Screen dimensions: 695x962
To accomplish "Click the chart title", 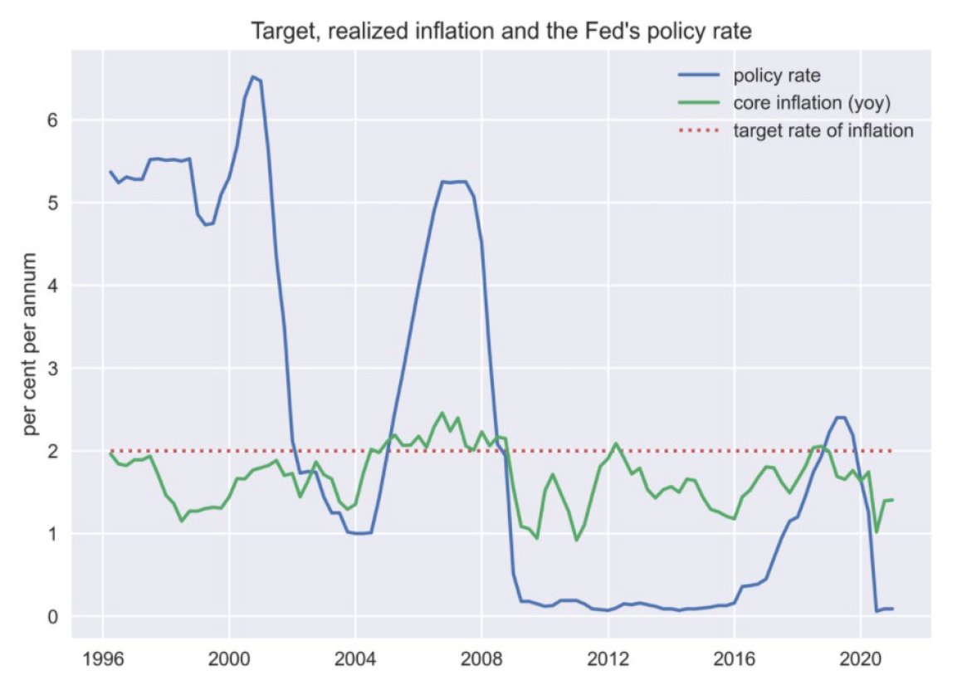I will pyautogui.click(x=501, y=32).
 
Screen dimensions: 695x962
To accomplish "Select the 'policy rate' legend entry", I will pyautogui.click(x=777, y=76).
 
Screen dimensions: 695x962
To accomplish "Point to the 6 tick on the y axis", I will pyautogui.click(x=56, y=120).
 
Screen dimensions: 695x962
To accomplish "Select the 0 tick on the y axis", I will pyautogui.click(x=56, y=616).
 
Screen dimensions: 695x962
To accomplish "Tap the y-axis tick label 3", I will pyautogui.click(x=56, y=368).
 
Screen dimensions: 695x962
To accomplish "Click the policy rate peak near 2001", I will pyautogui.click(x=253, y=77).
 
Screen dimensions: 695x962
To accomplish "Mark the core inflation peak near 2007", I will pyautogui.click(x=442, y=413).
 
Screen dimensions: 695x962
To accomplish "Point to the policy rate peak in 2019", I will pyautogui.click(x=840, y=417).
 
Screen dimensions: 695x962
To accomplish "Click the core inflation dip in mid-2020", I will pyautogui.click(x=876, y=531).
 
